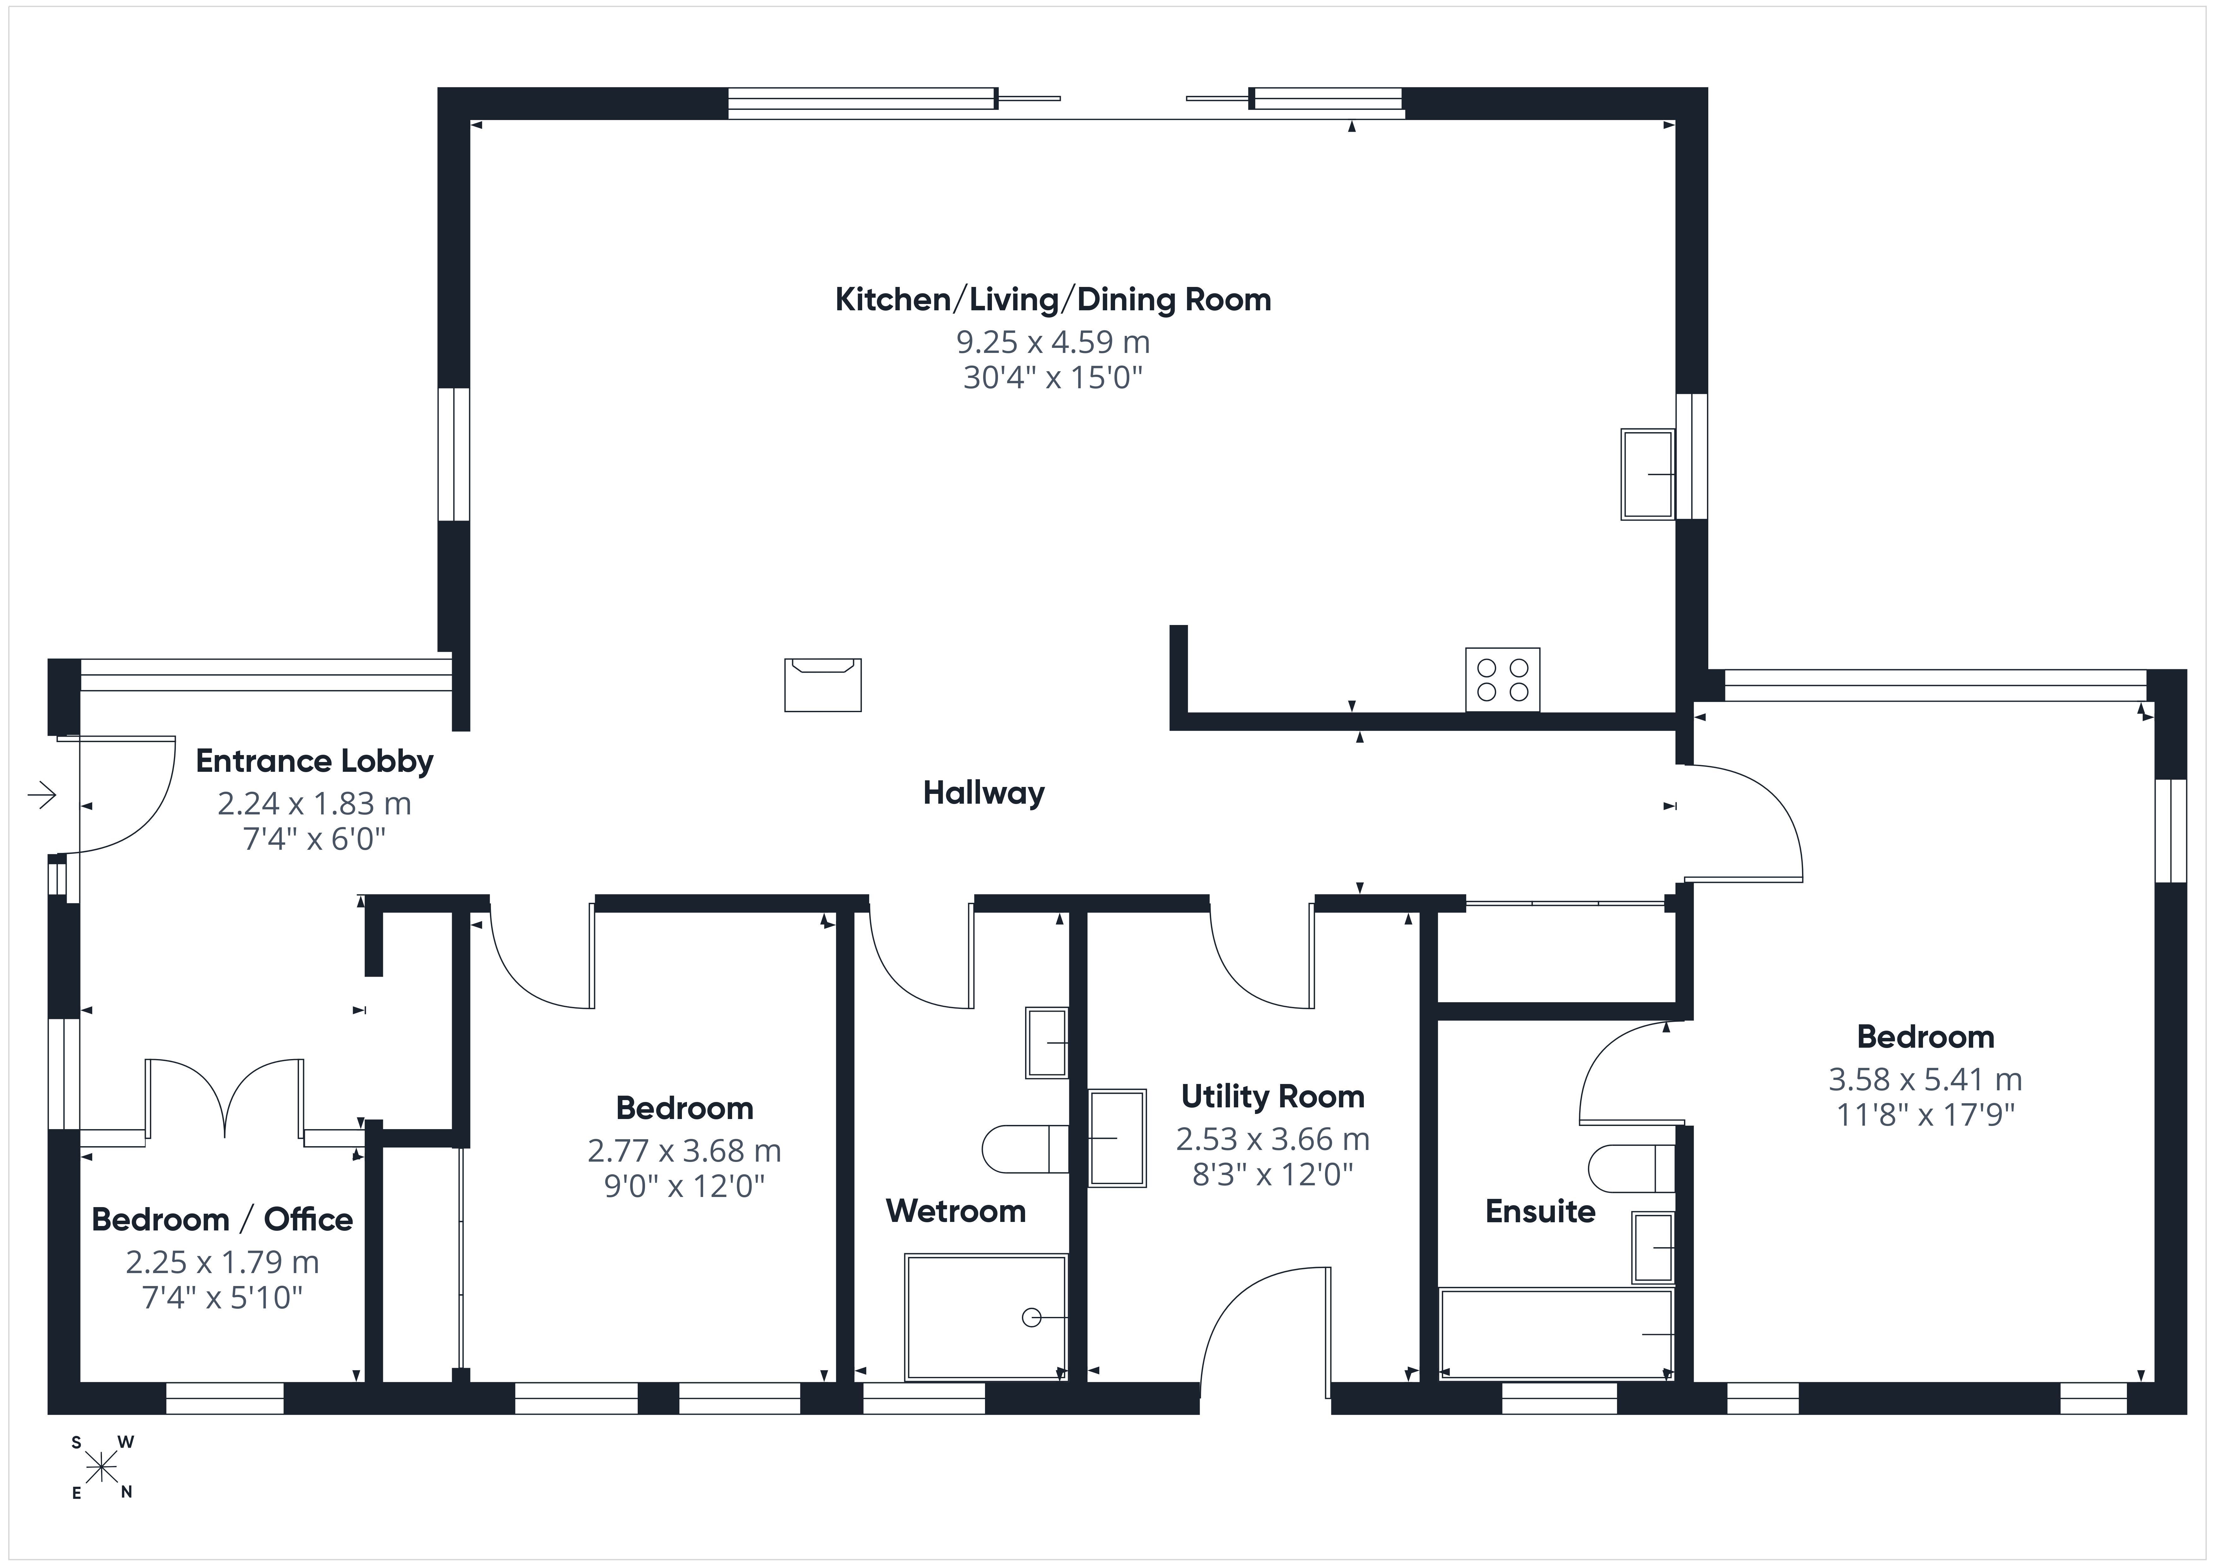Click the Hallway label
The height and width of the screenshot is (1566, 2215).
tap(984, 793)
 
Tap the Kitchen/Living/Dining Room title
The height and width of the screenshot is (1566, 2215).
tap(1053, 300)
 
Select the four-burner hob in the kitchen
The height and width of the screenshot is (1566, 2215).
tap(1502, 679)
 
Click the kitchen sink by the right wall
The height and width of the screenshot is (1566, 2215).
tap(1648, 475)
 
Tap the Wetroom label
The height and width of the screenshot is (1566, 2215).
tap(955, 1211)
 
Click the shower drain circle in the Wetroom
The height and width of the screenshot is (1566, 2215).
tap(1031, 1317)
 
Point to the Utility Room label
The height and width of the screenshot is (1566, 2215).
tap(1273, 1097)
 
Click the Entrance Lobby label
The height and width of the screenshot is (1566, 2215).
tap(314, 761)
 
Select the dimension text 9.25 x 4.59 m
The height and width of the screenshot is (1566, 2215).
tap(1053, 342)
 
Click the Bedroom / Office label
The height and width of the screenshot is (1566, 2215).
tap(222, 1220)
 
